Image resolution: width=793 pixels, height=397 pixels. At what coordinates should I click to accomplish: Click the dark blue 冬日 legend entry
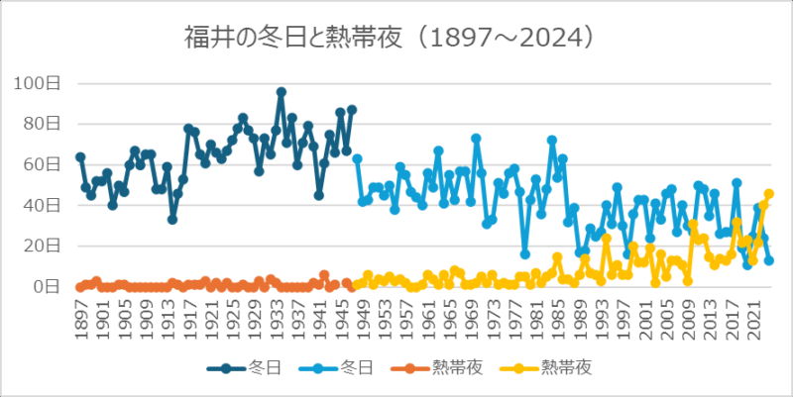coord(243,368)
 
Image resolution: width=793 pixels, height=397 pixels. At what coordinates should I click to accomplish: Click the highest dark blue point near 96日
coord(282,92)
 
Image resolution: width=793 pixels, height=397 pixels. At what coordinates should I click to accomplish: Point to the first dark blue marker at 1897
coord(80,157)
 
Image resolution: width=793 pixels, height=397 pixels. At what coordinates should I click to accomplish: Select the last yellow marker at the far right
coord(769,194)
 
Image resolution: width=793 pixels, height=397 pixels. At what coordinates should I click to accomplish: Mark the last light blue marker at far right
coord(769,260)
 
